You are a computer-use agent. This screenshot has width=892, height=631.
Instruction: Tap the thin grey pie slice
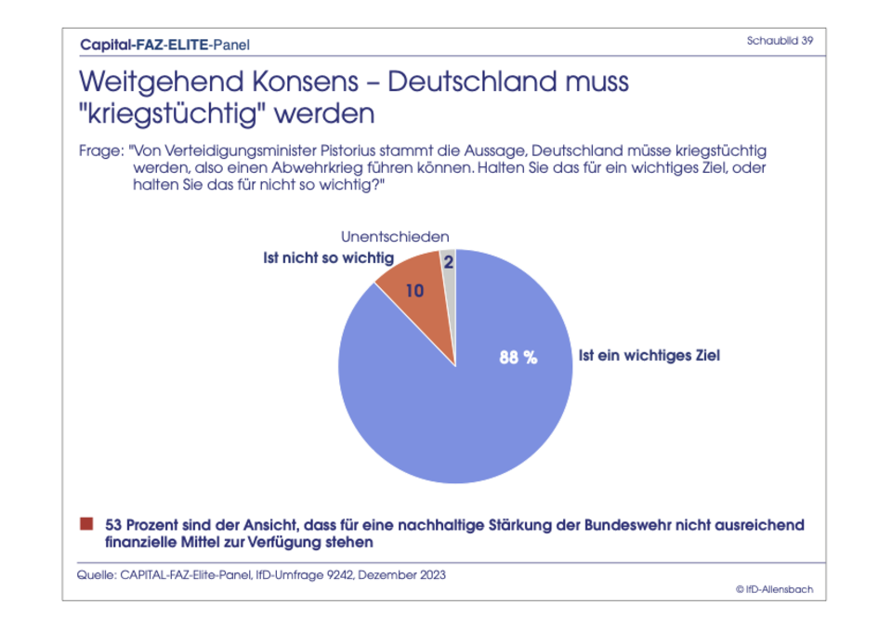click(450, 279)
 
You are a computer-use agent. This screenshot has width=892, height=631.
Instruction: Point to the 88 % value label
click(518, 357)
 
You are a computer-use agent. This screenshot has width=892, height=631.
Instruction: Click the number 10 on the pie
click(415, 291)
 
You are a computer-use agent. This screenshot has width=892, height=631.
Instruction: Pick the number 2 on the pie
click(449, 263)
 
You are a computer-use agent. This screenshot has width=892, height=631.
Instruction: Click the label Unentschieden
click(395, 237)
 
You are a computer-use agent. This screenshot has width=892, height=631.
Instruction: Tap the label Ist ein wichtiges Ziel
click(649, 355)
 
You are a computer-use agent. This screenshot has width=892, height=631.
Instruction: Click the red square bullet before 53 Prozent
click(87, 524)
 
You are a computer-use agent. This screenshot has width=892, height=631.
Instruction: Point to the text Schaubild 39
click(780, 41)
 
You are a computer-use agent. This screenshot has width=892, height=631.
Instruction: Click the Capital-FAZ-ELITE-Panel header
click(164, 44)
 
